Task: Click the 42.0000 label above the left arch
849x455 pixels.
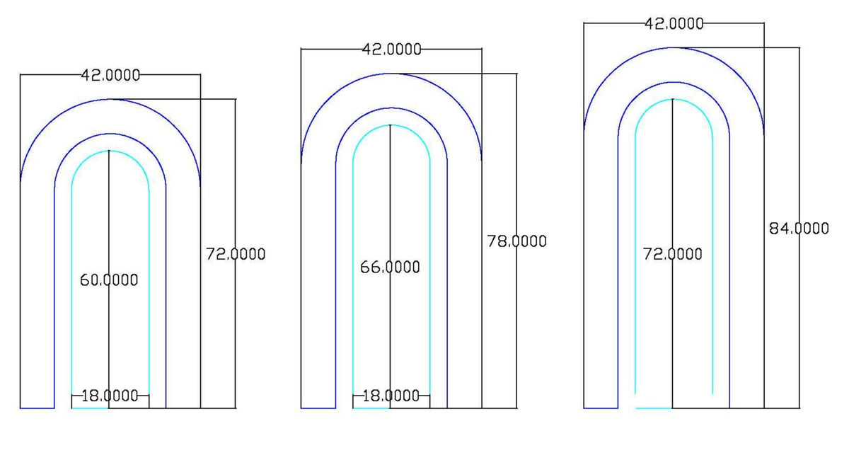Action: pyautogui.click(x=111, y=75)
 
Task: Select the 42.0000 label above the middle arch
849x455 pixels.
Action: pyautogui.click(x=391, y=50)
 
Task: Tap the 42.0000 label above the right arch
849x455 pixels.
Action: pyautogui.click(x=674, y=23)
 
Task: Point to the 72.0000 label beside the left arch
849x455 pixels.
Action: pyautogui.click(x=236, y=253)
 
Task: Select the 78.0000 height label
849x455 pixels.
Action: pyautogui.click(x=516, y=241)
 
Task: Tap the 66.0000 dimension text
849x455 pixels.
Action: pyautogui.click(x=390, y=267)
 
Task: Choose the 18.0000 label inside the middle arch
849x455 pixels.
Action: pyautogui.click(x=391, y=396)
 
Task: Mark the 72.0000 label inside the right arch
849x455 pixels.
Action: pyautogui.click(x=672, y=253)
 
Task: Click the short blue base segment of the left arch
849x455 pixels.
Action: pyautogui.click(x=37, y=408)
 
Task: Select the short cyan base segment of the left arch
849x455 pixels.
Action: pyautogui.click(x=90, y=408)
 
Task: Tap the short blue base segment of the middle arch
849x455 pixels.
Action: pyautogui.click(x=318, y=408)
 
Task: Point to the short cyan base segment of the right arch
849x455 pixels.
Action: pyautogui.click(x=654, y=408)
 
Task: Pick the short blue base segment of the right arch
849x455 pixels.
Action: pyautogui.click(x=601, y=408)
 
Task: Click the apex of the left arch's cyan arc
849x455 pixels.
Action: pyautogui.click(x=110, y=151)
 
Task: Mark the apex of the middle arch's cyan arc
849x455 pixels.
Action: pyautogui.click(x=391, y=125)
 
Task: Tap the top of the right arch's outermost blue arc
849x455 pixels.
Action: pyautogui.click(x=674, y=47)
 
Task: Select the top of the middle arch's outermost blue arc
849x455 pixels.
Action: pyautogui.click(x=391, y=73)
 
